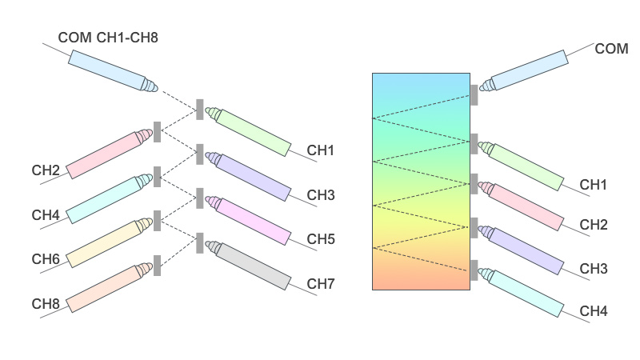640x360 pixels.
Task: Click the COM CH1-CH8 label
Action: coord(113,37)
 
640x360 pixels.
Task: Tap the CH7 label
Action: coord(321,284)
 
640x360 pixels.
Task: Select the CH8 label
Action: coord(46,303)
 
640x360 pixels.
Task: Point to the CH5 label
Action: coord(321,239)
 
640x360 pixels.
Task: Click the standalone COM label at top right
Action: coord(611,49)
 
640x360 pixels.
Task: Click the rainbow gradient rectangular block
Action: coord(421,181)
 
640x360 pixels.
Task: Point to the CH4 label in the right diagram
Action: coord(594,310)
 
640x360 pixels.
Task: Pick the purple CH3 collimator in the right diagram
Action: coord(520,248)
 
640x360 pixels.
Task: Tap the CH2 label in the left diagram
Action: coord(46,170)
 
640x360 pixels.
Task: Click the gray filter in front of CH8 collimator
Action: coord(158,265)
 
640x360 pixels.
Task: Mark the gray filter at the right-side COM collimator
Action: coord(474,94)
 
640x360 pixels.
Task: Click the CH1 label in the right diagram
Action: coord(594,185)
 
